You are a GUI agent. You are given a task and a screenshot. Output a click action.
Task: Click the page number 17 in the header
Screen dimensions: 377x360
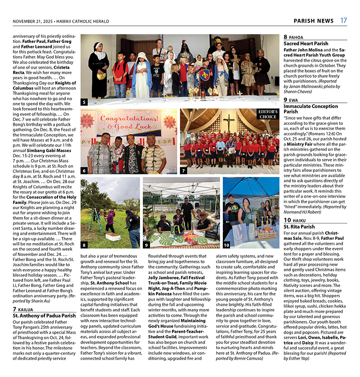click(x=344, y=21)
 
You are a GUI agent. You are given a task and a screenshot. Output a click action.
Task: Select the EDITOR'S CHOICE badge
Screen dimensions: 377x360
click(x=267, y=114)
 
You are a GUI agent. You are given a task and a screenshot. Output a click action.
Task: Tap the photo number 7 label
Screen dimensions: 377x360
click(x=184, y=171)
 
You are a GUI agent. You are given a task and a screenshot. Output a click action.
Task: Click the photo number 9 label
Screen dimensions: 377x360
click(x=147, y=245)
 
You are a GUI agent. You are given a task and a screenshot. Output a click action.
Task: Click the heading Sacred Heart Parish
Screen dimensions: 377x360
click(x=306, y=43)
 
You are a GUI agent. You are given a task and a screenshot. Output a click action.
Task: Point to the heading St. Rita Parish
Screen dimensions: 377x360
click(x=300, y=227)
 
